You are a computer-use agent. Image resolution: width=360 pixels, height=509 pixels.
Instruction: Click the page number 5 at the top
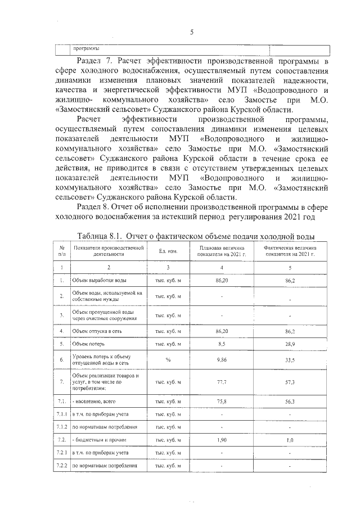point(192,32)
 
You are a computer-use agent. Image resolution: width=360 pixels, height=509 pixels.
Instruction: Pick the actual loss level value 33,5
point(291,359)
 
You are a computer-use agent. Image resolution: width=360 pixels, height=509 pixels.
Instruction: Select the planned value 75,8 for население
point(222,402)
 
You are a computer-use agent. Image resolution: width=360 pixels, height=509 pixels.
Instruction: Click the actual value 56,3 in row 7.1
point(291,402)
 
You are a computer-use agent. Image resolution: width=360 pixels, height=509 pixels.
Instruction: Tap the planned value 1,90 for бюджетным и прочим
point(222,439)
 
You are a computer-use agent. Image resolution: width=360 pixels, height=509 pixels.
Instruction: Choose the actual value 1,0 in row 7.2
point(291,440)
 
